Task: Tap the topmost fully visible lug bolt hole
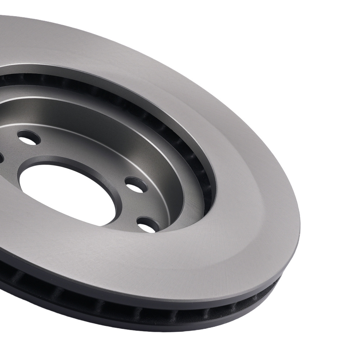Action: pos(29,138)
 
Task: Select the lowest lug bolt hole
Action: pos(148,225)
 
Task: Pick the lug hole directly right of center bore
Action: pos(136,185)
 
